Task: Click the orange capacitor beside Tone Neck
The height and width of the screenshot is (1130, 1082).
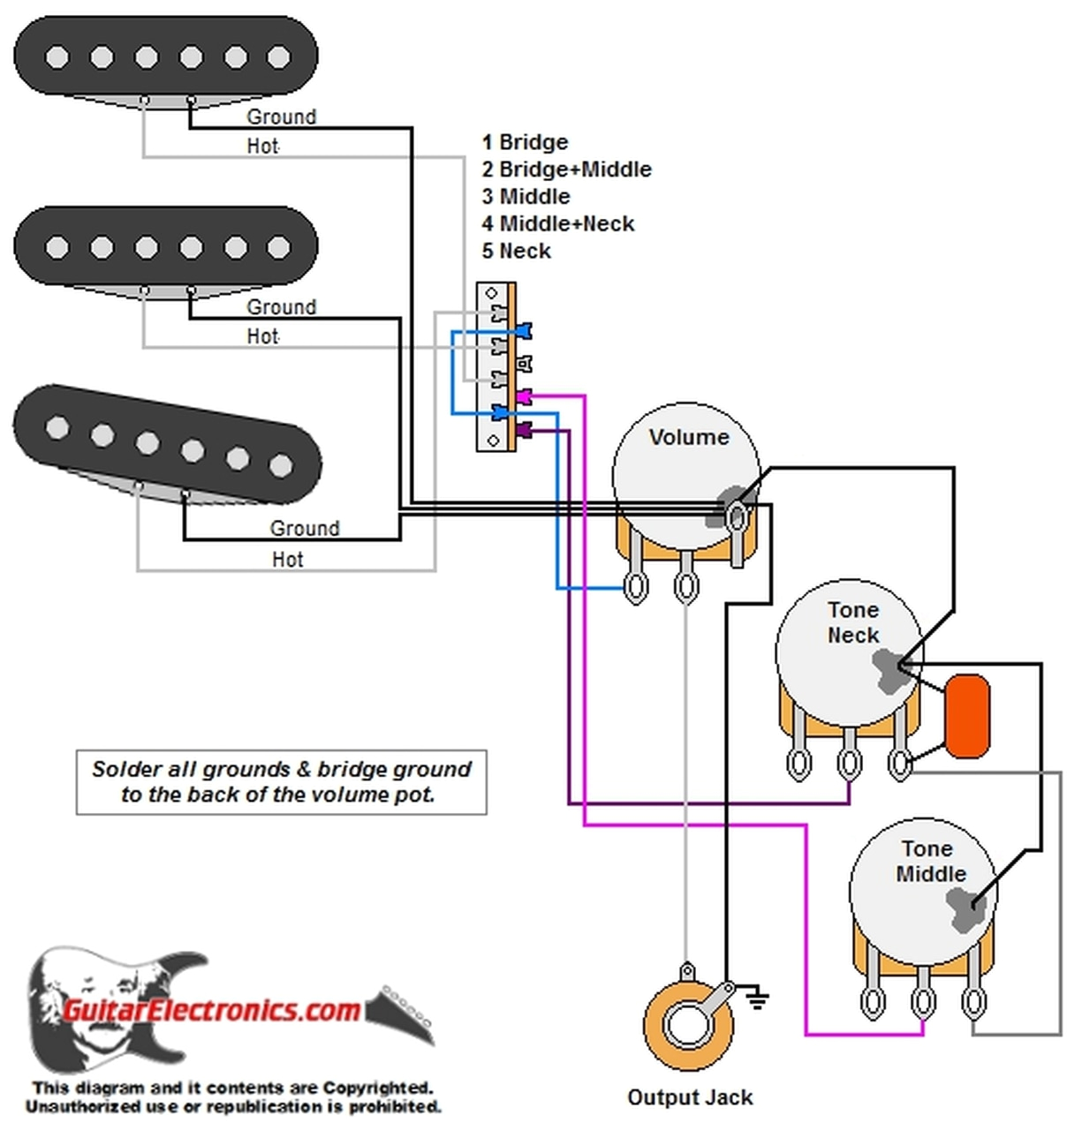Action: pyautogui.click(x=966, y=716)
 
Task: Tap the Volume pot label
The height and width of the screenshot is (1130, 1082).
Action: pyautogui.click(x=688, y=437)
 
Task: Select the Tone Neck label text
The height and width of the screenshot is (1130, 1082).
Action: pyautogui.click(x=852, y=622)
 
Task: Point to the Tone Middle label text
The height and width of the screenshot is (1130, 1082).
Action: pyautogui.click(x=929, y=861)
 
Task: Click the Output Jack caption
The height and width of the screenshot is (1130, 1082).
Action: pyautogui.click(x=690, y=1097)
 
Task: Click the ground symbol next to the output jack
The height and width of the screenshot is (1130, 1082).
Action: pyautogui.click(x=757, y=999)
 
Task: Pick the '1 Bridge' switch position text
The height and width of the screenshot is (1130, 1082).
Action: pyautogui.click(x=525, y=142)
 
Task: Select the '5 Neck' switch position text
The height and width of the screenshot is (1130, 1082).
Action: pyautogui.click(x=516, y=251)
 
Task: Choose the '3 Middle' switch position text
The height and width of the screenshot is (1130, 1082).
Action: pyautogui.click(x=526, y=196)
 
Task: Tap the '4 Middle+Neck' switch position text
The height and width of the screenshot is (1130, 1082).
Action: pyautogui.click(x=557, y=223)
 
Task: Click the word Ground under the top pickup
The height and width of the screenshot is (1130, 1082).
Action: pyautogui.click(x=281, y=117)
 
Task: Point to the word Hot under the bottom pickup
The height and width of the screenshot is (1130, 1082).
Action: pyautogui.click(x=287, y=559)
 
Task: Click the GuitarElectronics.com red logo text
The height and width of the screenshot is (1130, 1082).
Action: pyautogui.click(x=212, y=1009)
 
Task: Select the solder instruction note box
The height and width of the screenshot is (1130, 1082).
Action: pyautogui.click(x=281, y=781)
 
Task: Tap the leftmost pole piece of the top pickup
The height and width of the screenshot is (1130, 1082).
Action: pyautogui.click(x=57, y=57)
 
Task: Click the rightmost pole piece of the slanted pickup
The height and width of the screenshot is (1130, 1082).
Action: pyautogui.click(x=281, y=464)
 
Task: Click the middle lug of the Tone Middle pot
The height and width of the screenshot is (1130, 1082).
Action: pyautogui.click(x=923, y=1002)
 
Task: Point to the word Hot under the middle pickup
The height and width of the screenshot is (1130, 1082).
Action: pyautogui.click(x=262, y=336)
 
